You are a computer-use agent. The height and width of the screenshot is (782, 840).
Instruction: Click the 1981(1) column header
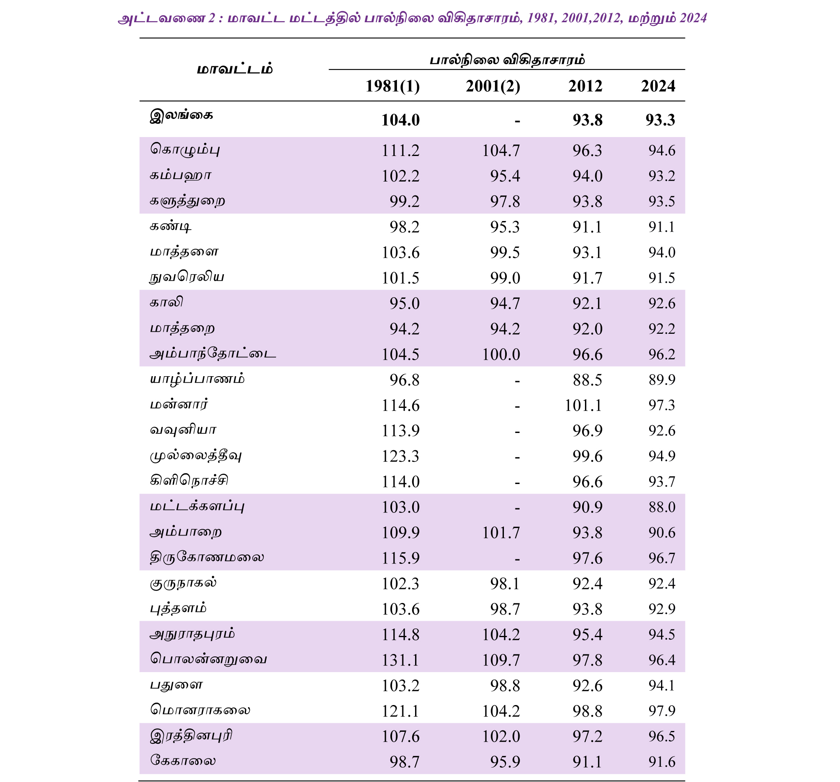click(x=392, y=86)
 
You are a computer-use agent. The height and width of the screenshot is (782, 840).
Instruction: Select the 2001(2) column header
click(x=493, y=86)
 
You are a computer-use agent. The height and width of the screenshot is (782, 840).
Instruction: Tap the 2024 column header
click(x=658, y=86)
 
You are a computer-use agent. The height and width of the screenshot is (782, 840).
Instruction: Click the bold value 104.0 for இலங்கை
click(x=400, y=120)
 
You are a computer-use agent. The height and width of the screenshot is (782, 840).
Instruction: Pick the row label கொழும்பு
click(x=185, y=150)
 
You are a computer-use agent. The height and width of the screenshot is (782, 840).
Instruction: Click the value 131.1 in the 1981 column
click(x=400, y=660)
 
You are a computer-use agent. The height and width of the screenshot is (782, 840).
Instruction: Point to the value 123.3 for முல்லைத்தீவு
click(x=400, y=456)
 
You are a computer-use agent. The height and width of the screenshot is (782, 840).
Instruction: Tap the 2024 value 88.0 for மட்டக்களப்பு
click(x=662, y=507)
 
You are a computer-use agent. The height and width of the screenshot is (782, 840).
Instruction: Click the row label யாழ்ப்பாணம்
click(x=197, y=379)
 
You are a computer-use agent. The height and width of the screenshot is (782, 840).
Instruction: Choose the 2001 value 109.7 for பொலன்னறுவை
click(x=501, y=660)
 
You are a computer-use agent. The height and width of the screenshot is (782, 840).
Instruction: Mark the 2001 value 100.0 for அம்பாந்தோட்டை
click(x=501, y=354)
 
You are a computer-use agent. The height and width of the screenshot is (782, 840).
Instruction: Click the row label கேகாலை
click(x=183, y=761)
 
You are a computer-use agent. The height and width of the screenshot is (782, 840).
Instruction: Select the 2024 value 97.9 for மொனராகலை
click(x=662, y=711)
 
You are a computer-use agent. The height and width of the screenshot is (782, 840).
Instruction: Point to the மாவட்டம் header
click(x=235, y=69)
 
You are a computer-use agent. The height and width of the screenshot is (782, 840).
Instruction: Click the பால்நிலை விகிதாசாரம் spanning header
click(x=507, y=60)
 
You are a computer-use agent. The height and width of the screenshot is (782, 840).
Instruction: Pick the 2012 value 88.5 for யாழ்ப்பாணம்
click(x=587, y=380)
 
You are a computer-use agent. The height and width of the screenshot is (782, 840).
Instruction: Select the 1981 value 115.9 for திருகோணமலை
click(x=400, y=558)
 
